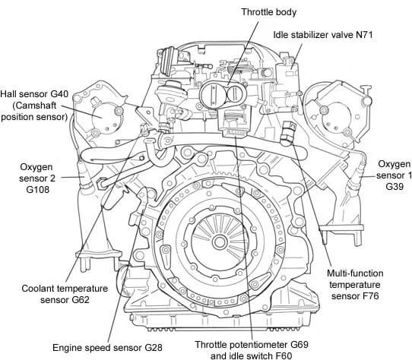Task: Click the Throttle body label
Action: coord(269,12)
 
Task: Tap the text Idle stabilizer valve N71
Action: coord(323,35)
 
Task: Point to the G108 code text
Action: coord(37,190)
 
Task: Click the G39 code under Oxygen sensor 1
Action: coord(395,186)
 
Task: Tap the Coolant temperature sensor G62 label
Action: coord(65,294)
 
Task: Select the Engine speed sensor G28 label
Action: coord(107,348)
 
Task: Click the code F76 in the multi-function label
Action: coord(370,296)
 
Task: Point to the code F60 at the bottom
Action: coord(284,355)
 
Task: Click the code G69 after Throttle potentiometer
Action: coord(299,344)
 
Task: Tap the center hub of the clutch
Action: coord(220,242)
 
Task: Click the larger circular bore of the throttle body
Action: coord(213,95)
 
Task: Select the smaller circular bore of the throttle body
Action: coord(236,94)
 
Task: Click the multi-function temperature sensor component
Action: coord(288,133)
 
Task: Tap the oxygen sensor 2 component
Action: coord(84,176)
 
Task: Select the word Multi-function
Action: coord(355,273)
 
